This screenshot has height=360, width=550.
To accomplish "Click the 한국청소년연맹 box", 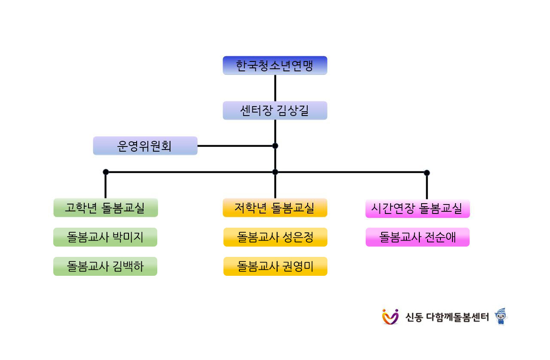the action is pos(275,65).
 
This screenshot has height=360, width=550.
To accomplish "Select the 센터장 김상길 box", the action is pos(275,110).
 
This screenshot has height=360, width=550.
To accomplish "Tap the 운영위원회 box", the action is pos(145,146).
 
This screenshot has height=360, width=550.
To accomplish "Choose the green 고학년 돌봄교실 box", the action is pos(106,207).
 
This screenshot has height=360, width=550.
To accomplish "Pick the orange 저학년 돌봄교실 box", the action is pos(275,207).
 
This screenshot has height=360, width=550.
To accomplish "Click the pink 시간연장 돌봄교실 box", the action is pos(417,208).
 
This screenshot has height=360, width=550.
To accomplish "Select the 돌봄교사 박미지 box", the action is pos(105,237).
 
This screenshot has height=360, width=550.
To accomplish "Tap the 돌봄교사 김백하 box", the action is pos(105,266).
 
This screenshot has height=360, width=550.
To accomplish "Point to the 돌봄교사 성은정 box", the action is pos(275,237).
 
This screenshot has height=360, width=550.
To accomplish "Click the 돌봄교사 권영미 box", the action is pos(275,266).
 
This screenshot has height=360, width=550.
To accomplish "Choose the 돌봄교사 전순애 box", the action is pos(417,237).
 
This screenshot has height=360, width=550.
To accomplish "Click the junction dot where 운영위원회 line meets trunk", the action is pos(275,146).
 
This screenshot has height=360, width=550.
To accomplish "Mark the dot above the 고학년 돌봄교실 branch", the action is pos(106,172).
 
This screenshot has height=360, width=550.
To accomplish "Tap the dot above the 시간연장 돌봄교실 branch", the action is pos(427,173).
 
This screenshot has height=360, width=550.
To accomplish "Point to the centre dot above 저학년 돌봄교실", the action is pos(275,172).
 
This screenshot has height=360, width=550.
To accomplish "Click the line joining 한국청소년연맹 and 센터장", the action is pos(275,88).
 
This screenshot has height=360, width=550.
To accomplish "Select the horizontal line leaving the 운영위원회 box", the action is pos(235,146).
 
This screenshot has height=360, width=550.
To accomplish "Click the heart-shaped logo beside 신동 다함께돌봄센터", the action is pos(390,317).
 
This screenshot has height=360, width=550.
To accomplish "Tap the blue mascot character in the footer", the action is pos(501,317).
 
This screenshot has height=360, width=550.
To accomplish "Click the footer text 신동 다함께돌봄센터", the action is pos(447,317).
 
